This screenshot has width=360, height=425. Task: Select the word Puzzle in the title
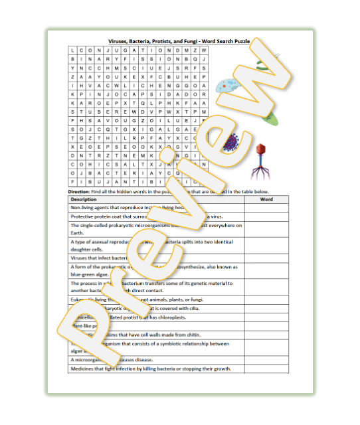point(239,41)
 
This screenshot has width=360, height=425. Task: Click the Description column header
point(84,199)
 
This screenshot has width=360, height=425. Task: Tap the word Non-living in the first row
point(82,208)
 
